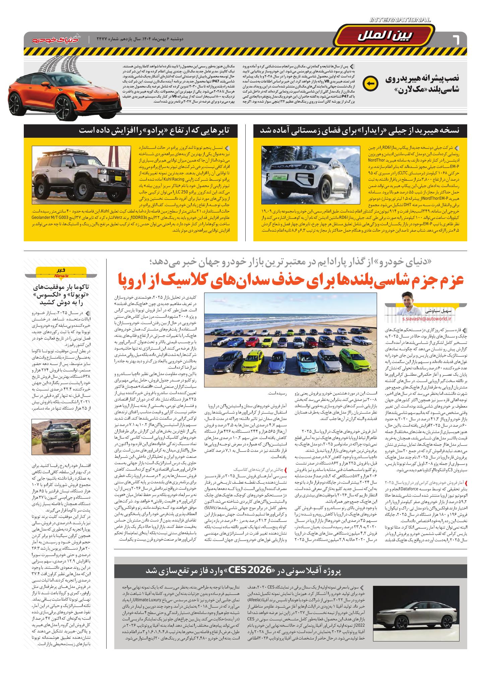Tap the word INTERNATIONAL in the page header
point(400,20)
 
